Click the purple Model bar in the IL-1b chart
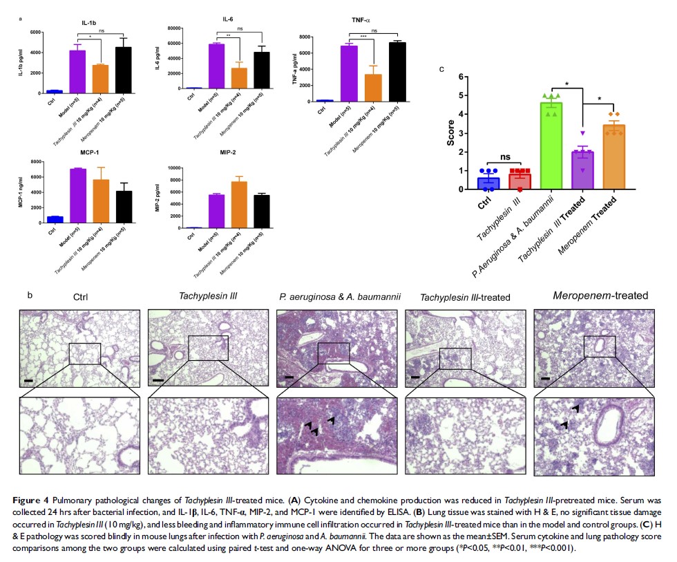click(77, 71)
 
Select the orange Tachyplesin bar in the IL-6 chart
click(238, 78)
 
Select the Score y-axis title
click(450, 132)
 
